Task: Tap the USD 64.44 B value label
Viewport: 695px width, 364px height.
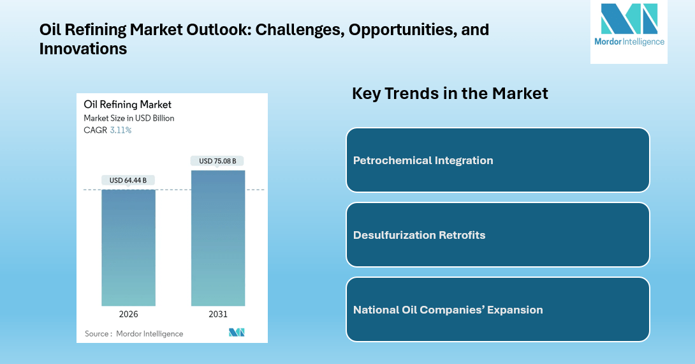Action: [128, 180]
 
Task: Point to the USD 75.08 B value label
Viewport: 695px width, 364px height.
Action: [217, 161]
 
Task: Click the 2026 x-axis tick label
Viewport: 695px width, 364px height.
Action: [128, 314]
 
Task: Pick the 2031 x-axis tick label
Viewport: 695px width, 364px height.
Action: [217, 314]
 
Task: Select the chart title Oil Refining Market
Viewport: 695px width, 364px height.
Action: [128, 105]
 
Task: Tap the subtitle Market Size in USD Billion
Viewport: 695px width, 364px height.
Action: [129, 118]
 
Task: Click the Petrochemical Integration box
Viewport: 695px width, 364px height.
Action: [497, 160]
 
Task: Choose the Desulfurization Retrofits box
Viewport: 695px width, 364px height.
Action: [497, 235]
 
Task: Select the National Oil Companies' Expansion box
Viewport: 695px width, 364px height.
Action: [497, 310]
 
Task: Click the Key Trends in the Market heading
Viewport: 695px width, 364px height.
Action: [450, 93]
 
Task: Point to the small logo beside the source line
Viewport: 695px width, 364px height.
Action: [237, 333]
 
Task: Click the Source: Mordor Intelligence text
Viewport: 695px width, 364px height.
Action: [134, 333]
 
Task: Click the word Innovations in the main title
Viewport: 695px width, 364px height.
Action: [83, 49]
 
